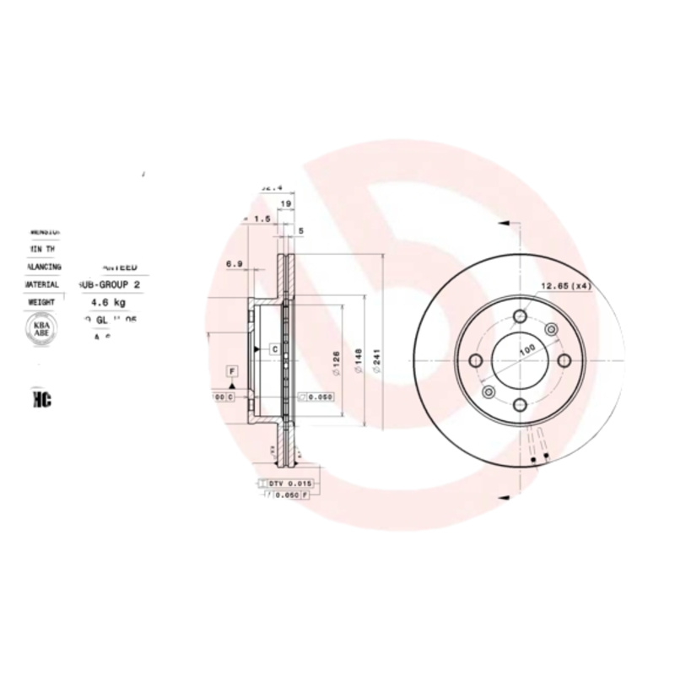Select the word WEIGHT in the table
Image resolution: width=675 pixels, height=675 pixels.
[x=42, y=301]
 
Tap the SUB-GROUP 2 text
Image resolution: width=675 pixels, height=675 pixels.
[x=113, y=285]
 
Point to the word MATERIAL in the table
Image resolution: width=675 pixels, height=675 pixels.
[x=42, y=285]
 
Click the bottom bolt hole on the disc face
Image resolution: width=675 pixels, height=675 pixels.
[x=521, y=407]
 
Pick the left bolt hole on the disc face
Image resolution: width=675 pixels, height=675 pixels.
[x=475, y=361]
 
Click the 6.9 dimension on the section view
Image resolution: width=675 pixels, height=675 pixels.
[x=235, y=264]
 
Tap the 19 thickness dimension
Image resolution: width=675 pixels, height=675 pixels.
[x=286, y=204]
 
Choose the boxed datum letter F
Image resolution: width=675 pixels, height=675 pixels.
[x=230, y=371]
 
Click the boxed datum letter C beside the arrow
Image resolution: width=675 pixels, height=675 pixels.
[x=274, y=348]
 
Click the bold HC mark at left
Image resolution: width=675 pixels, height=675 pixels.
[x=41, y=400]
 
